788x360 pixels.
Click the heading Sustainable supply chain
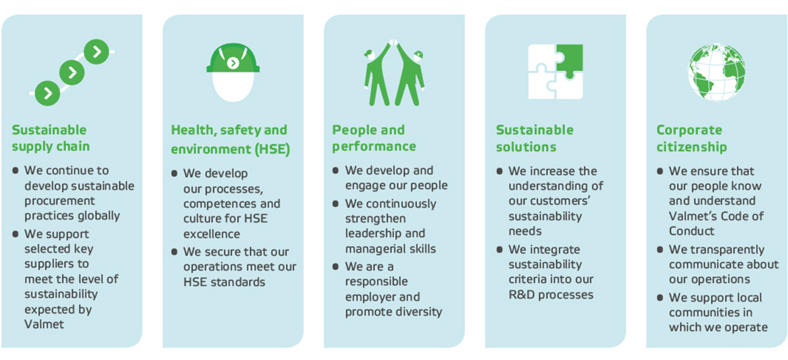[x=50, y=138]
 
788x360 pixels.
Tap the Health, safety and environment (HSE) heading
[x=230, y=140]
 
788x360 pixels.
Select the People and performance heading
[x=373, y=138]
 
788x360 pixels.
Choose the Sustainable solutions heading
[x=534, y=138]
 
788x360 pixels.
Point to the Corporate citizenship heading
[x=691, y=138]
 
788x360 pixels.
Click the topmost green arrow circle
[x=97, y=51]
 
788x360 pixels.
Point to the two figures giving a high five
[x=394, y=73]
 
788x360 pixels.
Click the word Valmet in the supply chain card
[x=45, y=323]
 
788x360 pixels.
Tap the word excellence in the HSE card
[x=212, y=234]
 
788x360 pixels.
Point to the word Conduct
[x=691, y=231]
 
